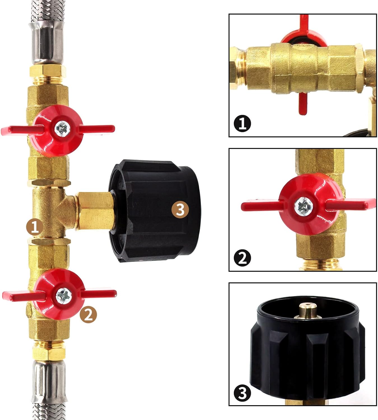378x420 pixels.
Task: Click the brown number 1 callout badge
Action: tap(35, 227)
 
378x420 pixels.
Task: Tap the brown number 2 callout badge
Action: tap(88, 314)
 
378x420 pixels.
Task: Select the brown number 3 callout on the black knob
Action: tap(180, 210)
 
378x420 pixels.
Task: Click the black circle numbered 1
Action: tap(242, 123)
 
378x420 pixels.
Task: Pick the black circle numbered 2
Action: tap(242, 258)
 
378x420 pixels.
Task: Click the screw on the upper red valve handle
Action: tap(62, 129)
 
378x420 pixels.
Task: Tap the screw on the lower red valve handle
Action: tap(64, 296)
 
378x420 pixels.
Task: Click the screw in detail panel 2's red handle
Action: tap(304, 206)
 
